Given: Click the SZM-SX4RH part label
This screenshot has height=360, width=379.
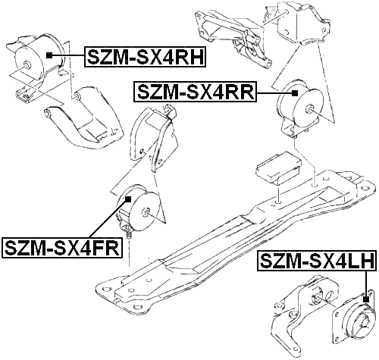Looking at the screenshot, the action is (x=145, y=57).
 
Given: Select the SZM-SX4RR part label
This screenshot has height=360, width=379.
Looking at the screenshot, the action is (x=195, y=92).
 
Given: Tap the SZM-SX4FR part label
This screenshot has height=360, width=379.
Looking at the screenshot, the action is (x=62, y=248).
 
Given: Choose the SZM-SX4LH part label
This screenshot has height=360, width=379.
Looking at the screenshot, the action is (x=317, y=261).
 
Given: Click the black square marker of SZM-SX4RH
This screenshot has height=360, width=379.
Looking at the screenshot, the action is (x=49, y=55).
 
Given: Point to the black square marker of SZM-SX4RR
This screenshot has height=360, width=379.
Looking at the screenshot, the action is (x=294, y=93).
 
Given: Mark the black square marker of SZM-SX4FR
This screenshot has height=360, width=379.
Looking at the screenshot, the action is (x=128, y=199).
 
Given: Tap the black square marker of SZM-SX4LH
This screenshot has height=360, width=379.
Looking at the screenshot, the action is (x=365, y=299).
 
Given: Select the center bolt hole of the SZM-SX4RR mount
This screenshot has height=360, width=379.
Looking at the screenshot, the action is (x=309, y=109).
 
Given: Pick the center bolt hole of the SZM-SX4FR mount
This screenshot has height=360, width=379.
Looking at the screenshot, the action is (x=146, y=212).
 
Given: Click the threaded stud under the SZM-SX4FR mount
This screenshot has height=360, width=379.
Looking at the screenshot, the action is (x=129, y=233).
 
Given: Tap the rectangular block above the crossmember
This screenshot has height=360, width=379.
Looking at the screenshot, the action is (x=278, y=167).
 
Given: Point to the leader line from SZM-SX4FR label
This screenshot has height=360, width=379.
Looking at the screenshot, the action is (x=108, y=218).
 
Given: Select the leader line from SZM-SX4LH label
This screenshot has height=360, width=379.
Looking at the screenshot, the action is (x=365, y=283).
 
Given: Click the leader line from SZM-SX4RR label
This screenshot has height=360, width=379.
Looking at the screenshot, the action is (x=274, y=93).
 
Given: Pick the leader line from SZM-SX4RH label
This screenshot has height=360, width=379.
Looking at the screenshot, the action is (x=68, y=55).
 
